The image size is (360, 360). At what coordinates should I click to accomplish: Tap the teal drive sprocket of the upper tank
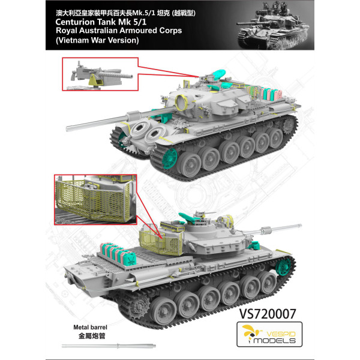pyautogui.click(x=161, y=157)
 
